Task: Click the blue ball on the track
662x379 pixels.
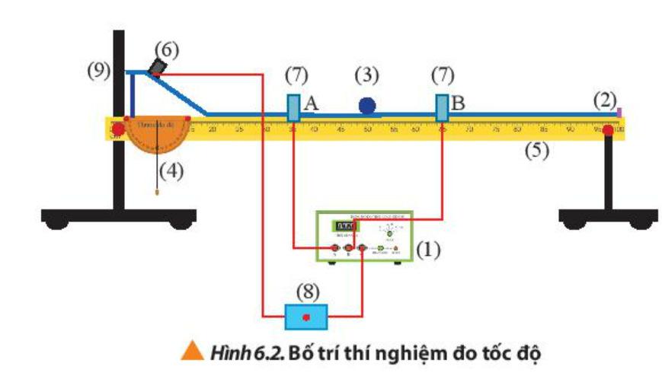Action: click(368, 106)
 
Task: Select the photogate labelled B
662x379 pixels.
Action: click(442, 107)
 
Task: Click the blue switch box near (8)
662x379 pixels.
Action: click(306, 316)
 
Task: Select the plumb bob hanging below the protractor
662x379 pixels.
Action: click(158, 191)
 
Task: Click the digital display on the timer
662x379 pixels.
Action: click(347, 227)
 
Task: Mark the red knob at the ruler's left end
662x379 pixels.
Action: click(118, 130)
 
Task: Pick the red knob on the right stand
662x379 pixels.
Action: click(609, 131)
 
